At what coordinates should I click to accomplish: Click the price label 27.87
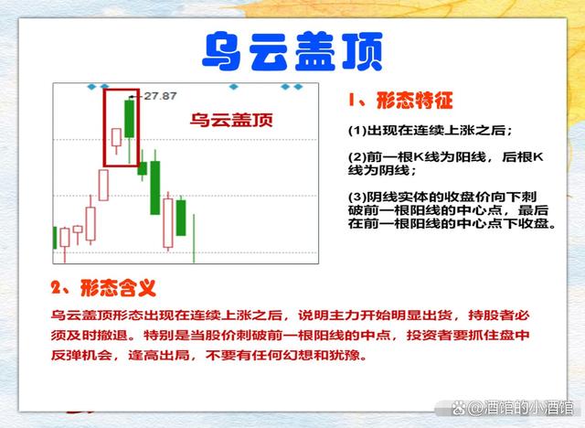point(160,96)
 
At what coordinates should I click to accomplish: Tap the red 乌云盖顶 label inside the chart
point(231,120)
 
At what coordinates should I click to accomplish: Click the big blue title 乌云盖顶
point(292,51)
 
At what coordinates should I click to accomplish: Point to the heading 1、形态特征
point(400,101)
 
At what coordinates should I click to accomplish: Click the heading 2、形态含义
point(103,288)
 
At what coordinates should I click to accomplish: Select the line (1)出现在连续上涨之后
point(431,131)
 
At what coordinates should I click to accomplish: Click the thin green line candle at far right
point(194,238)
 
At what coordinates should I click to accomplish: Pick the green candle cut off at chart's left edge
point(55,238)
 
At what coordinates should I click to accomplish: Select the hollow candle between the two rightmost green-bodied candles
point(168,223)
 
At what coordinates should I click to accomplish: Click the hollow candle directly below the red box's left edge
point(103,185)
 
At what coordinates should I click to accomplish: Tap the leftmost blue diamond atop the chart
point(91,87)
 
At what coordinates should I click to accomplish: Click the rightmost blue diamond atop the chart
point(298,87)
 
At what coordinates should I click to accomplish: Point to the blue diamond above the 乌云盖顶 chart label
point(234,87)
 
